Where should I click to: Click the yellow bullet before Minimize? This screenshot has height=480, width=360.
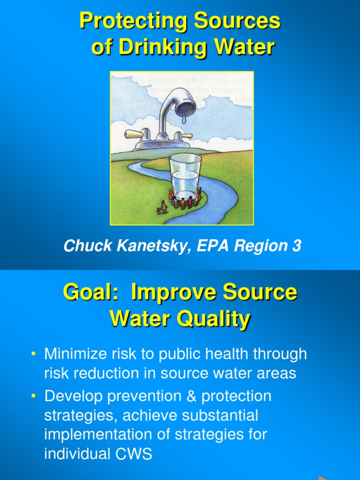click(x=33, y=355)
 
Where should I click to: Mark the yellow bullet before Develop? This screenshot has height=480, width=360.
click(x=33, y=397)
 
